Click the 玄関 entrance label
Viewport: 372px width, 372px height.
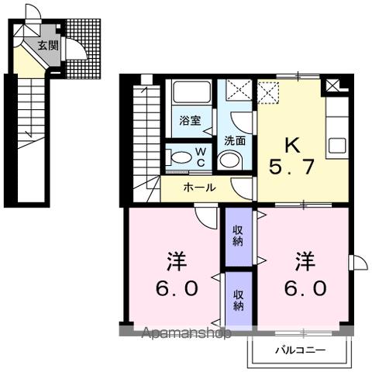coord(47,45)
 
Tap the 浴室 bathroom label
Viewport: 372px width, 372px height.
coord(190,122)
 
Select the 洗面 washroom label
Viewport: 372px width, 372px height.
coord(235,140)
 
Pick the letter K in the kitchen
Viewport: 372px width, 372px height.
coord(292,146)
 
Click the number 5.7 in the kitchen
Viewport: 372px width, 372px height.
coord(292,167)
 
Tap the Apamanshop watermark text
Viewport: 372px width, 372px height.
coord(186,334)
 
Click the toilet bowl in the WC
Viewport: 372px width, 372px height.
coord(179,158)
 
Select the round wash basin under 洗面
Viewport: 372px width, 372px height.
coord(229,160)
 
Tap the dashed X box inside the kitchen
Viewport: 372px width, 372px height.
coord(268,93)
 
